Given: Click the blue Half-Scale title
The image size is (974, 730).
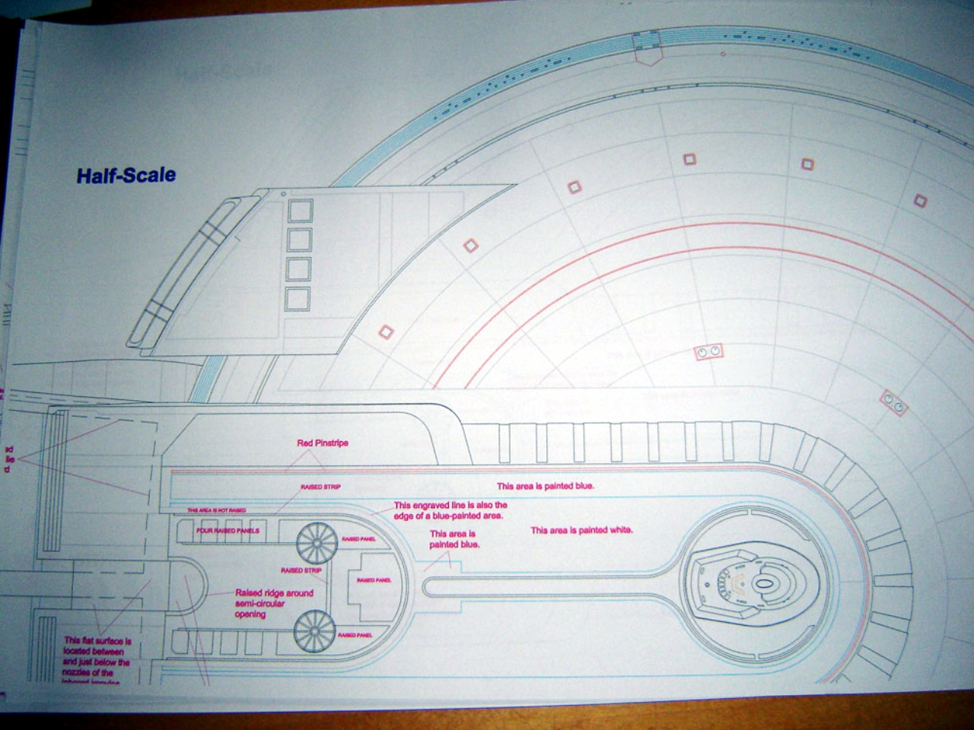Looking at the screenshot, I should (126, 176).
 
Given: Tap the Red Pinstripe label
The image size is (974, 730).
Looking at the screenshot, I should (323, 443).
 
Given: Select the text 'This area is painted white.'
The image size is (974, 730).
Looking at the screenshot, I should (581, 530).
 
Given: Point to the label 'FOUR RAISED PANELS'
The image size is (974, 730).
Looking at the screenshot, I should (228, 531).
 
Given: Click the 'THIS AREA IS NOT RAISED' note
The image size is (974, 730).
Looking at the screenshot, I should (216, 510).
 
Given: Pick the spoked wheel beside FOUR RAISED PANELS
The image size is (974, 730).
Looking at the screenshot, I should (316, 542).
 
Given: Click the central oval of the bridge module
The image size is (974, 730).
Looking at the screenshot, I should (765, 586).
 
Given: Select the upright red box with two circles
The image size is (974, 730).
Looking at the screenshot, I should (708, 352).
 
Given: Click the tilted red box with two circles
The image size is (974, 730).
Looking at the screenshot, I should (893, 403).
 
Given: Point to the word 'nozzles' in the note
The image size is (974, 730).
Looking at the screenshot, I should (79, 673).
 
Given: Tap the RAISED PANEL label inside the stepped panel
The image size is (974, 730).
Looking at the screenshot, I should (374, 580).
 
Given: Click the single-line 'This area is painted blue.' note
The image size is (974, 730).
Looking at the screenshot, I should (545, 486).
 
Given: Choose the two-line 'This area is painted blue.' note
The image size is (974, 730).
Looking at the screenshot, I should (453, 539).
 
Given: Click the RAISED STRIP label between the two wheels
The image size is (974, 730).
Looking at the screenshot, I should (301, 570).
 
